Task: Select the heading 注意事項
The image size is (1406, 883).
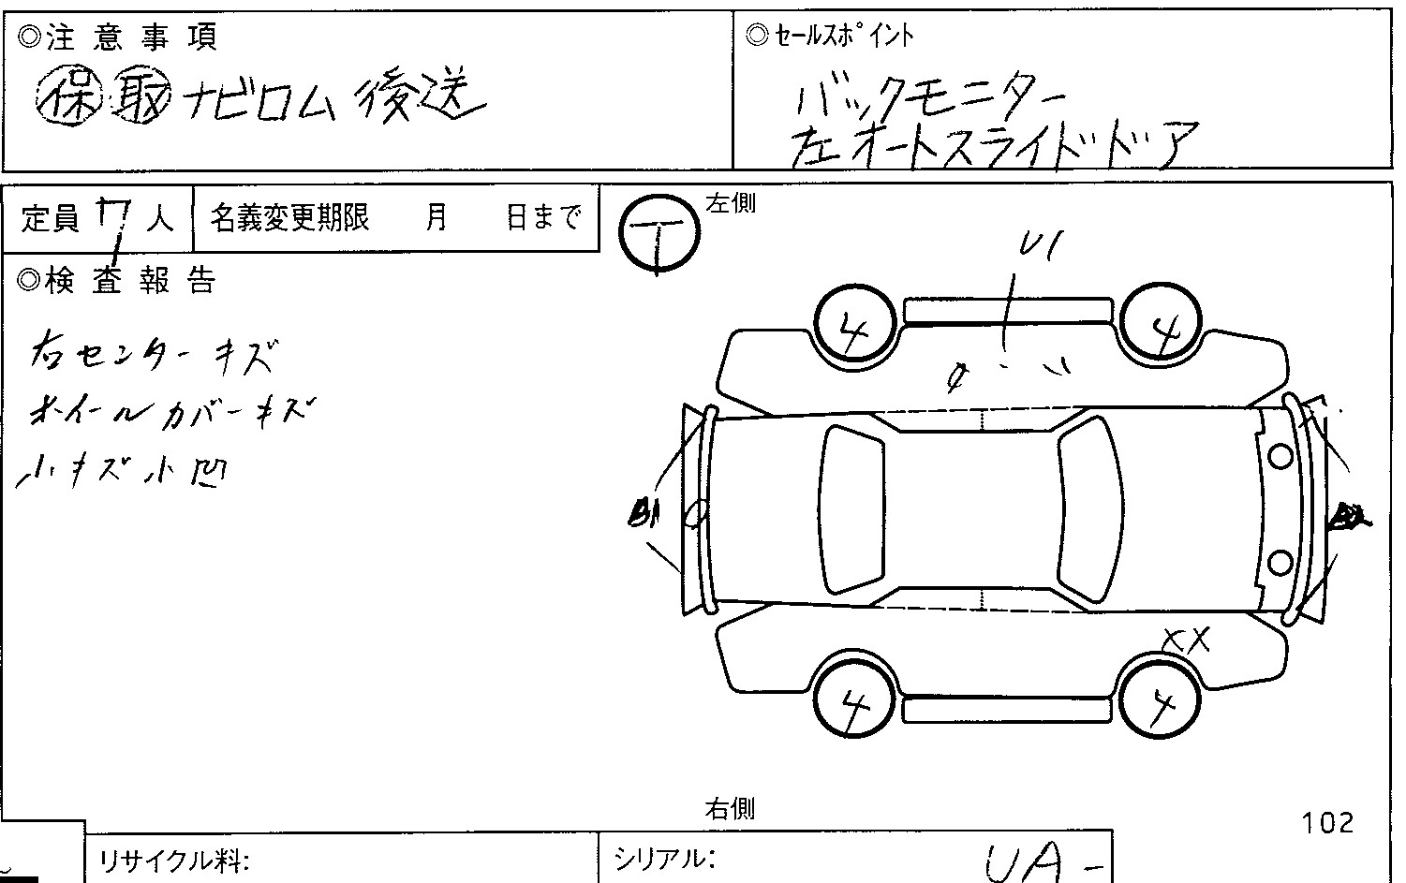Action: [x=118, y=37]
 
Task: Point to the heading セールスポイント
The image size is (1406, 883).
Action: [x=830, y=36]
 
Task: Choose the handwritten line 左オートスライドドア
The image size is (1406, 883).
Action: [x=993, y=145]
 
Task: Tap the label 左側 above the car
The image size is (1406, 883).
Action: [x=731, y=203]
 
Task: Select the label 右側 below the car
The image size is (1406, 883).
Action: [x=730, y=808]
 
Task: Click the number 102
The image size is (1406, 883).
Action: [x=1327, y=823]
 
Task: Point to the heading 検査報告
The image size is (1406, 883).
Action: [x=118, y=280]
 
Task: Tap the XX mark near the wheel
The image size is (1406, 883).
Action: [x=1186, y=641]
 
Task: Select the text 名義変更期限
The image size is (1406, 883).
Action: [x=289, y=218]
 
